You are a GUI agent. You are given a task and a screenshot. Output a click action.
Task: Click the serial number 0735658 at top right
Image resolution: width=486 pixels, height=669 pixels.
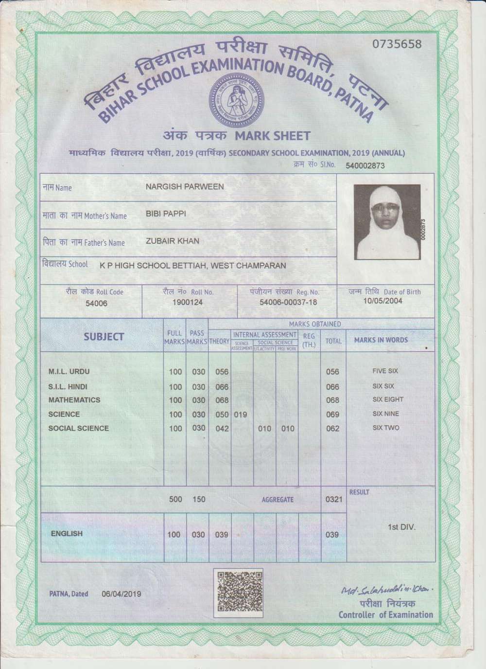[x=397, y=44]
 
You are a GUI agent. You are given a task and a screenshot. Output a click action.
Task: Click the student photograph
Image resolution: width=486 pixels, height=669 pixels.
[x=387, y=222]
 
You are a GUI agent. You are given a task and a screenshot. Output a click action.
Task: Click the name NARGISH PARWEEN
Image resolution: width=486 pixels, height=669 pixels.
[x=185, y=186]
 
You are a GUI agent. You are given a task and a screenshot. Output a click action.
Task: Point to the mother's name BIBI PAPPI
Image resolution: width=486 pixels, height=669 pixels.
[x=166, y=214]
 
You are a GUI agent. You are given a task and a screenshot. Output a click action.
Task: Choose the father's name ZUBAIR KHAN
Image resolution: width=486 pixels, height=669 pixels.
[x=172, y=241]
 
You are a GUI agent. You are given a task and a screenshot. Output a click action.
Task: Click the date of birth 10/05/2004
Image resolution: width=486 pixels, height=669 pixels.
[x=382, y=301]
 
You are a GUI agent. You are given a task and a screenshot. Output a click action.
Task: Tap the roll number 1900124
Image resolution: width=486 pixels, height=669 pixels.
[x=188, y=302]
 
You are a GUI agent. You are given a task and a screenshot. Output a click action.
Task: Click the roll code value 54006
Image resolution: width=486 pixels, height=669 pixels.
[x=96, y=303]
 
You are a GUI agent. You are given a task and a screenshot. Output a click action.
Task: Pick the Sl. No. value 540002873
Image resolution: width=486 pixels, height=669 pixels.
[x=364, y=165]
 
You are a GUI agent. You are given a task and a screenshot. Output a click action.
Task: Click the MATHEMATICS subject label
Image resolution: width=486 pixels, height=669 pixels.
[x=74, y=400]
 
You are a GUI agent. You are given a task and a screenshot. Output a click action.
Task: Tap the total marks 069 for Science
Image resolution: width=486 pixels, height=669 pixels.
[x=332, y=415]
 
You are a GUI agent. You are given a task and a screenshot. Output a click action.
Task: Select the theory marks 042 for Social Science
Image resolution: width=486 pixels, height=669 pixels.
[x=222, y=428]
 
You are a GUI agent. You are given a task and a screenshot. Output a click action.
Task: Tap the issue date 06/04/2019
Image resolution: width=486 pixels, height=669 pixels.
[x=121, y=594]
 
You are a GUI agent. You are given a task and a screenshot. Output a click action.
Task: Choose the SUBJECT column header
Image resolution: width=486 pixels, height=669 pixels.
[x=104, y=337]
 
